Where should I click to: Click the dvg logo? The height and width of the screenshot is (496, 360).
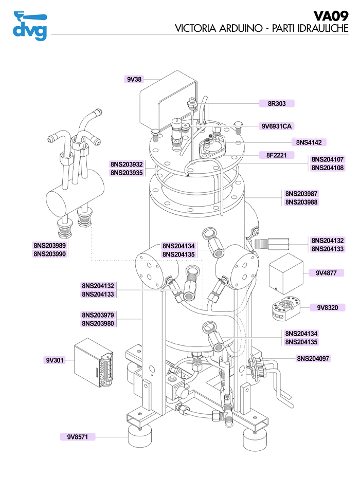(29, 25)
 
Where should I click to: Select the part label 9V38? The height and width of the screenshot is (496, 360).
(134, 80)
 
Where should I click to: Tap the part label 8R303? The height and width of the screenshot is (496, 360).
(277, 103)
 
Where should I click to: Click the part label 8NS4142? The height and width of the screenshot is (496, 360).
(309, 142)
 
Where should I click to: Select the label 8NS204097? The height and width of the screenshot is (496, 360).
(313, 358)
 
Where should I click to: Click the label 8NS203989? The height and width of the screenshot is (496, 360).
(50, 245)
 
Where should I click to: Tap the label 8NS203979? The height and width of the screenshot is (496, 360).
(98, 315)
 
